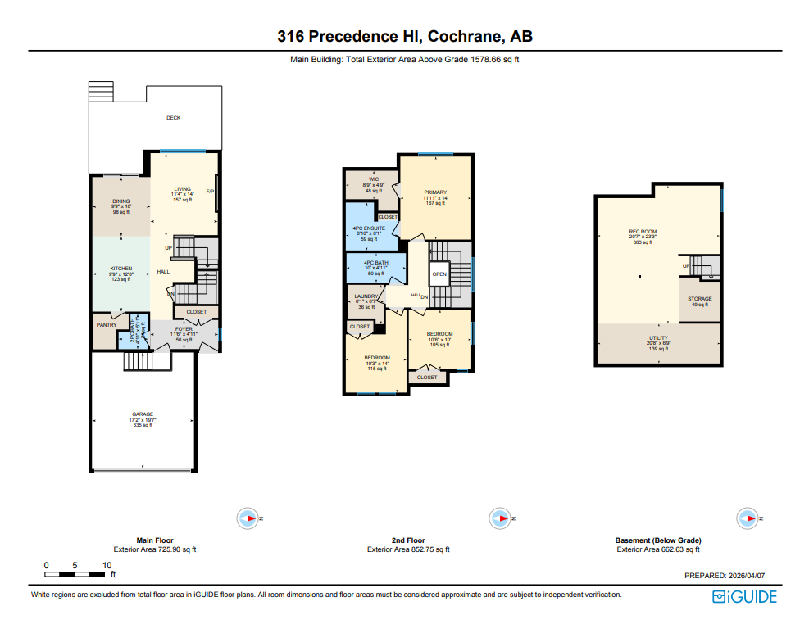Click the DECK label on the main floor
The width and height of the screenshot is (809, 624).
(173, 118)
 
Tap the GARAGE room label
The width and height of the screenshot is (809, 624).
(143, 414)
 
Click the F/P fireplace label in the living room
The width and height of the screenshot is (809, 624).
(210, 192)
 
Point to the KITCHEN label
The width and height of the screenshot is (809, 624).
(121, 269)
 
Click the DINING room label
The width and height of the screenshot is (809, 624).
(121, 201)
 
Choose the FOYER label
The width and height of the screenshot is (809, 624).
(184, 329)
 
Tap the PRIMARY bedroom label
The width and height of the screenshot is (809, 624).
(435, 192)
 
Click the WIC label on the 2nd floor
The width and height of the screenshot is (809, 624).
(373, 179)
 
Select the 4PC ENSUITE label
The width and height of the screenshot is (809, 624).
(368, 228)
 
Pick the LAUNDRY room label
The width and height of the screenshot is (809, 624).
(366, 296)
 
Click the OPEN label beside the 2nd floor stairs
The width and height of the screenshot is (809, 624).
(439, 274)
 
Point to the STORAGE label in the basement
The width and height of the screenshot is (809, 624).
(699, 299)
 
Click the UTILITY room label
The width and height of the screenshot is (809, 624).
(658, 337)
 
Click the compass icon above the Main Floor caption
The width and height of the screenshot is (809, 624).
(248, 518)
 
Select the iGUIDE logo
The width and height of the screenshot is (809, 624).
(744, 597)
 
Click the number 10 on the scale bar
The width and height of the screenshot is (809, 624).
(107, 566)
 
